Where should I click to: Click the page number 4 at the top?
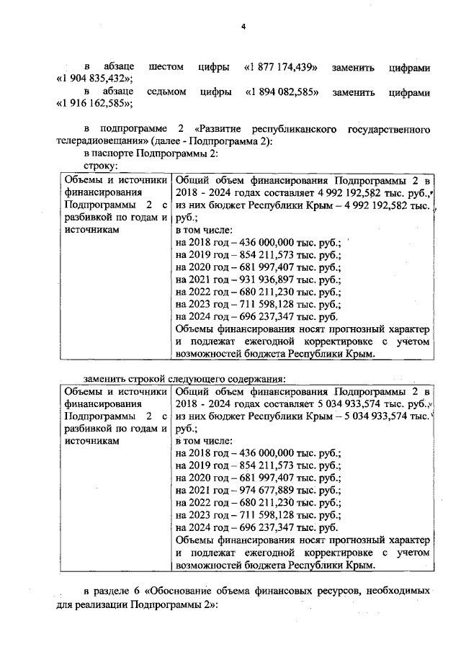pyautogui.click(x=243, y=27)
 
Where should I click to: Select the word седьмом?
pyautogui.click(x=166, y=92)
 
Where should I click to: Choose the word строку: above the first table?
pyautogui.click(x=100, y=166)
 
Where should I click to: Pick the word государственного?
pyautogui.click(x=386, y=129)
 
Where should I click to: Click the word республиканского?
pyautogui.click(x=295, y=129)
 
